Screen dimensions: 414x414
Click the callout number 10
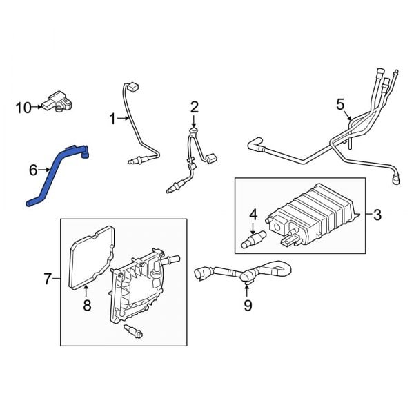coord(23,107)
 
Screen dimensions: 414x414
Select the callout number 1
coord(112,119)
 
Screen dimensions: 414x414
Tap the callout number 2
coord(194,106)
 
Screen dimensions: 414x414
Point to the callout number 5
coord(339,104)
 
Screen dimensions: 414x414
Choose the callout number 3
coord(377,215)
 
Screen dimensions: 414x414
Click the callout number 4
coord(253,215)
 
